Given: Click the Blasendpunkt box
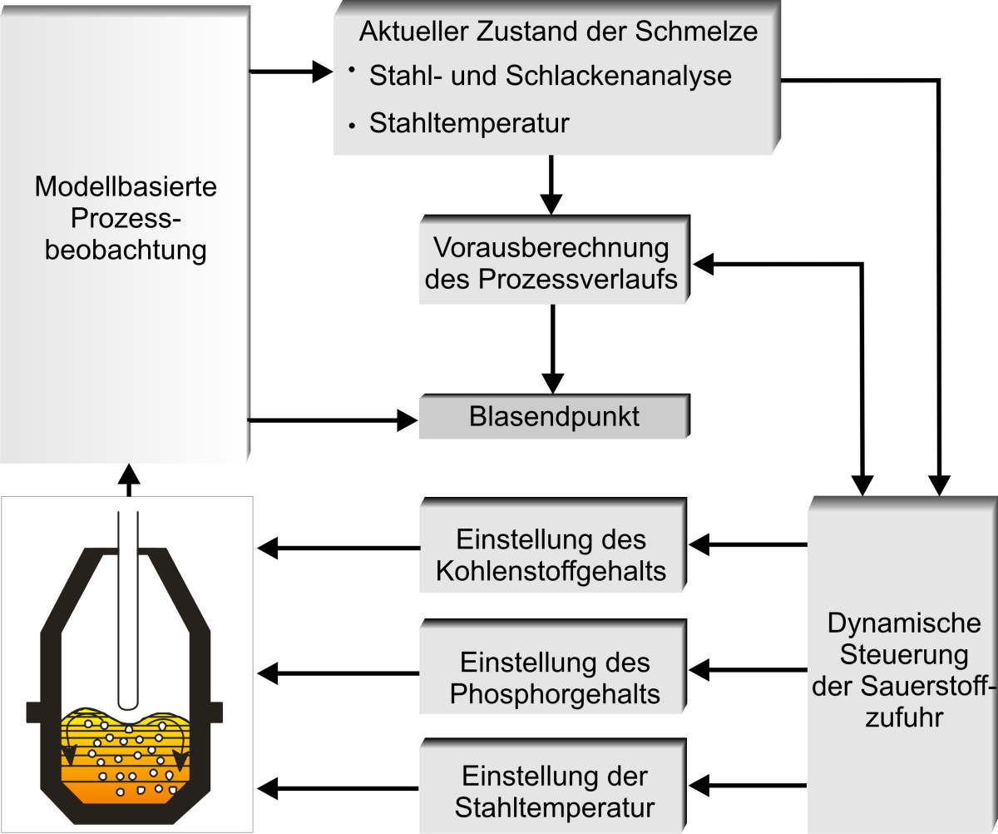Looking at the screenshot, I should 552,417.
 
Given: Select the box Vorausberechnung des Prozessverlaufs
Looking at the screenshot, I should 552,264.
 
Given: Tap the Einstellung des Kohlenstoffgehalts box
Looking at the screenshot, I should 552,555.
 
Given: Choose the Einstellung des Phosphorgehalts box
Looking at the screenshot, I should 552,678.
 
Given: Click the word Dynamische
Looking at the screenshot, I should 905,623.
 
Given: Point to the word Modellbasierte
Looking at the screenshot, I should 126,186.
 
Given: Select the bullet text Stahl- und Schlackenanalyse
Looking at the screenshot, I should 551,76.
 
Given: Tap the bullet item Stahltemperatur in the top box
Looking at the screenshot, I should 469,124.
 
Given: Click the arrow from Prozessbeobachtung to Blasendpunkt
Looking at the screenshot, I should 333,420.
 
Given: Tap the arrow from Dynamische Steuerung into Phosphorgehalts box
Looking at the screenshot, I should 748,668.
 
